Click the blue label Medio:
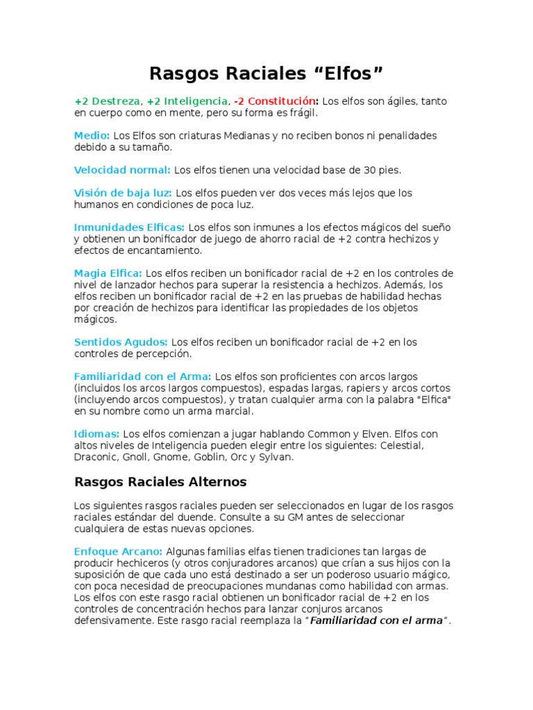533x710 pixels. pyautogui.click(x=92, y=135)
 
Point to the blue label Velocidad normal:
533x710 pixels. pyautogui.click(x=122, y=169)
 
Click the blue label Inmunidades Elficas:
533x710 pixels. pyautogui.click(x=129, y=227)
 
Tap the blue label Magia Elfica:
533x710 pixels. pyautogui.click(x=108, y=273)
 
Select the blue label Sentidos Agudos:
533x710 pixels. pyautogui.click(x=121, y=342)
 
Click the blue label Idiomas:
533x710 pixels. pyautogui.click(x=97, y=433)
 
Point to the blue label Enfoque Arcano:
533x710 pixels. pyautogui.click(x=119, y=551)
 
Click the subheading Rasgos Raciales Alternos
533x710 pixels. pyautogui.click(x=160, y=481)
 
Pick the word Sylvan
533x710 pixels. pyautogui.click(x=276, y=457)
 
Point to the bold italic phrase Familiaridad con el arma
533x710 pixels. pyautogui.click(x=375, y=621)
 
